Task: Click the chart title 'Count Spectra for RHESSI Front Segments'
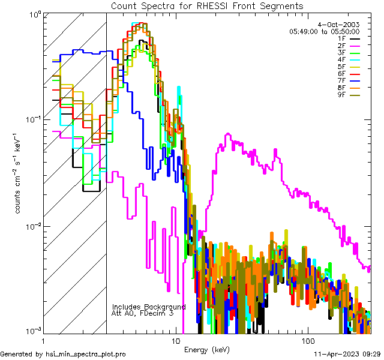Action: pos(207,5)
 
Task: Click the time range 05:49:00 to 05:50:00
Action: pos(324,31)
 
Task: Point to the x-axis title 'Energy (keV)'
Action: pos(206,349)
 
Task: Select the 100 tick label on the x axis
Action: pos(307,340)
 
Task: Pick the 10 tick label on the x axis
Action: pos(176,340)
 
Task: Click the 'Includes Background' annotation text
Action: pos(149,307)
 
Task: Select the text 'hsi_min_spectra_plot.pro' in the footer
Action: pos(86,355)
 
